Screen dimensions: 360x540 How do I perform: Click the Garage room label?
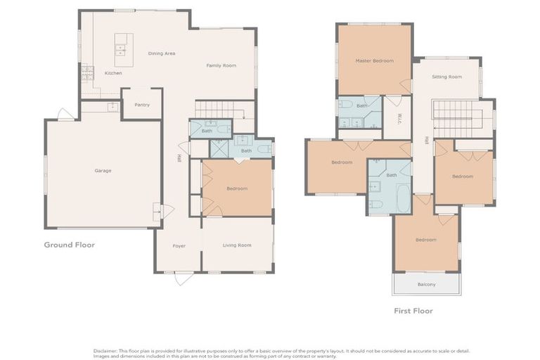(x=103, y=170)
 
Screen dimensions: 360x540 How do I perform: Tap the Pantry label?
(x=142, y=105)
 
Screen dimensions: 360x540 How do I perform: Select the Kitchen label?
(x=113, y=73)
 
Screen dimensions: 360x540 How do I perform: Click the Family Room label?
(x=221, y=65)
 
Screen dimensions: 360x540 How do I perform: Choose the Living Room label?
(x=237, y=245)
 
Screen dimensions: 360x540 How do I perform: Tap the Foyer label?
(x=179, y=245)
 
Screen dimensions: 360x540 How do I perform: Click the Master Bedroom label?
(x=374, y=60)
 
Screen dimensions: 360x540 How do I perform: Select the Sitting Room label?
(x=446, y=77)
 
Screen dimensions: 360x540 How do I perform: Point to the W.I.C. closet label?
(x=399, y=117)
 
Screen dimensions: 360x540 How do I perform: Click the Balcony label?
(x=426, y=284)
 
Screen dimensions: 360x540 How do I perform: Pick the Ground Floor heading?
(x=69, y=245)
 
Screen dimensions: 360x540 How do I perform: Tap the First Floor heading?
(x=413, y=310)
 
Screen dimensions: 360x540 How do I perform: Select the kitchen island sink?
(x=120, y=49)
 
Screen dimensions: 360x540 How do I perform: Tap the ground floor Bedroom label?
(x=237, y=188)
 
